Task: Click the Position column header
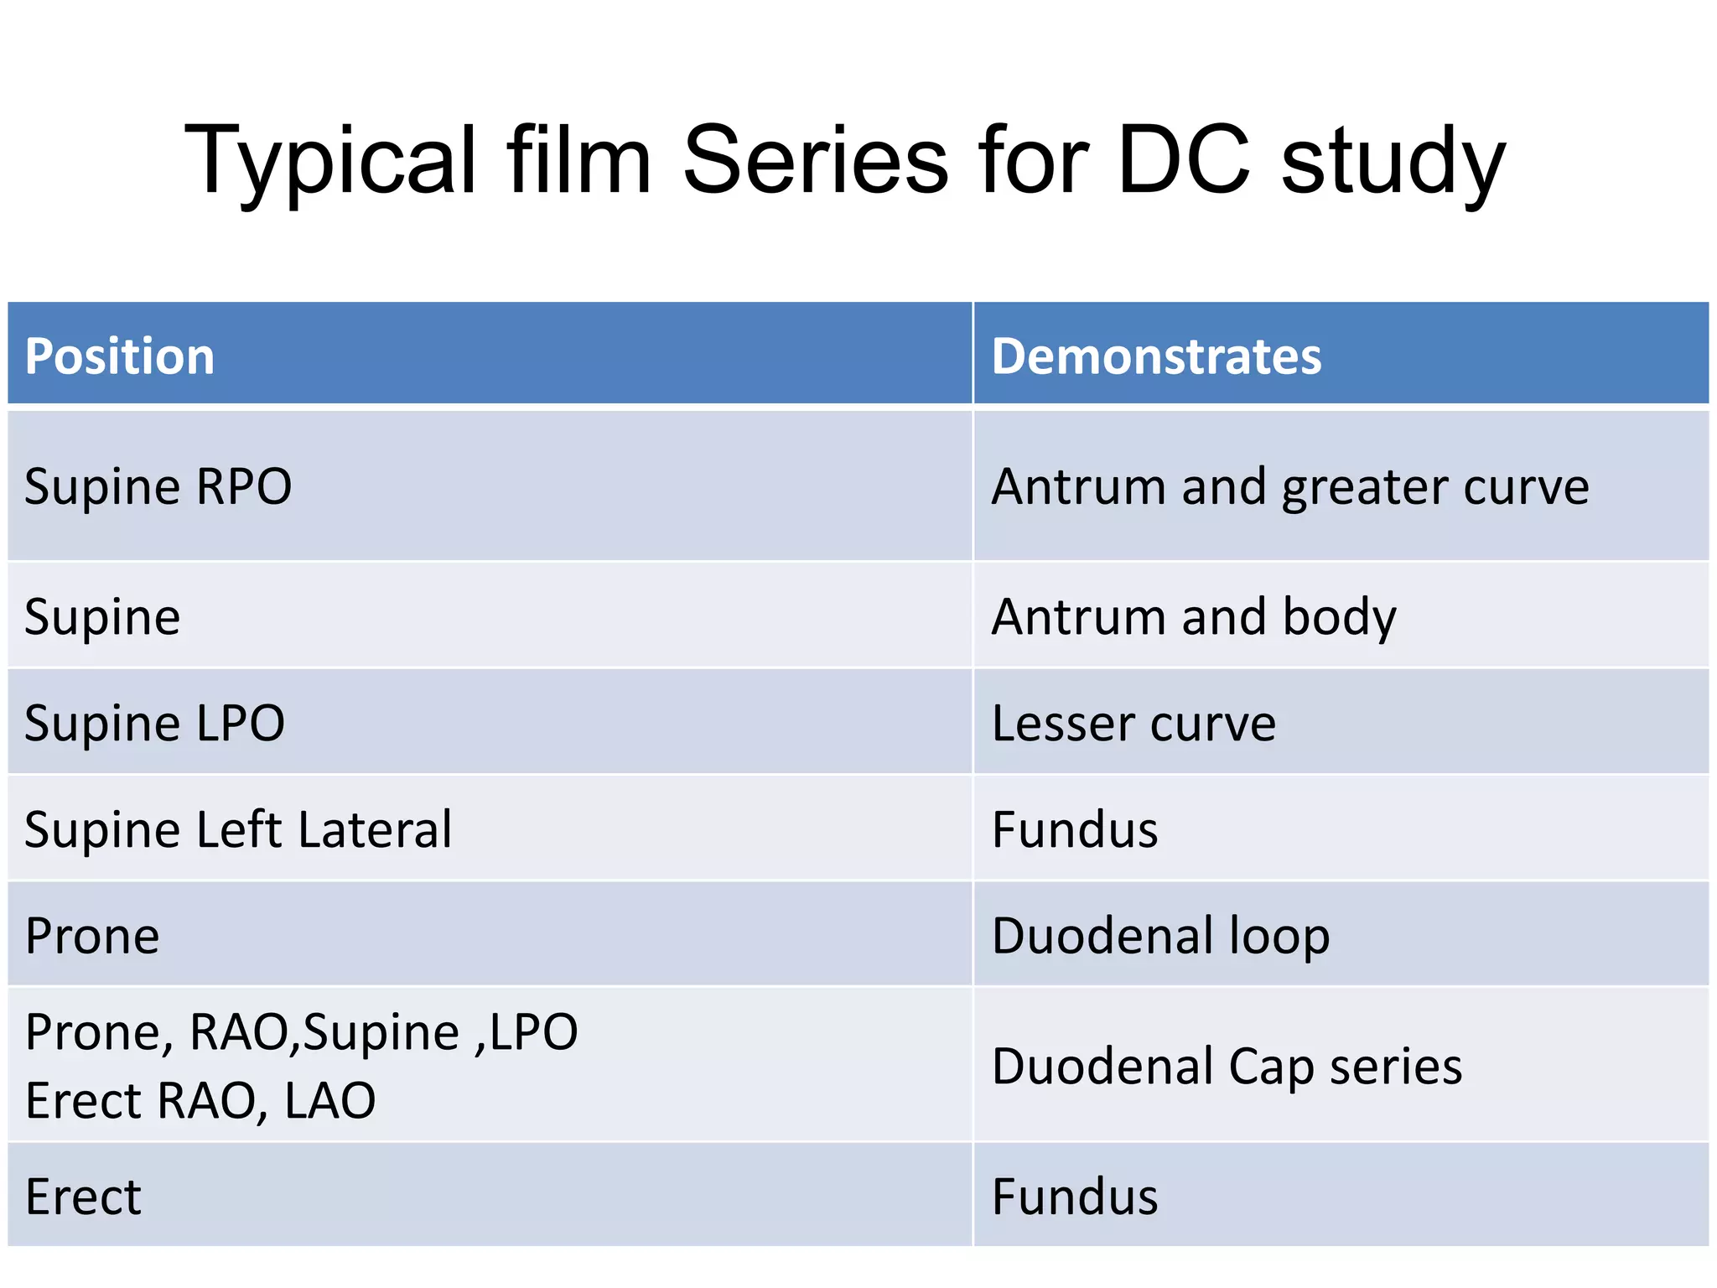[120, 356]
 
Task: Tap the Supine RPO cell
[158, 486]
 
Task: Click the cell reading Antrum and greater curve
[1289, 486]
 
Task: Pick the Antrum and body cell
[1194, 617]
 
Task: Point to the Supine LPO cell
[154, 723]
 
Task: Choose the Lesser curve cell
[1133, 723]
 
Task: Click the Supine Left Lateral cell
[238, 829]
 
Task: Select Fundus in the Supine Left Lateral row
[1075, 829]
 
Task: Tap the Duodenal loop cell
[1160, 936]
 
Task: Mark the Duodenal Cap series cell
[1227, 1067]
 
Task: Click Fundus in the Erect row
[1075, 1197]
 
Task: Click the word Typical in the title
[330, 161]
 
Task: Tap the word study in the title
[1393, 161]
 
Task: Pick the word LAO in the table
[330, 1100]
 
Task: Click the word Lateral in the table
[375, 829]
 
